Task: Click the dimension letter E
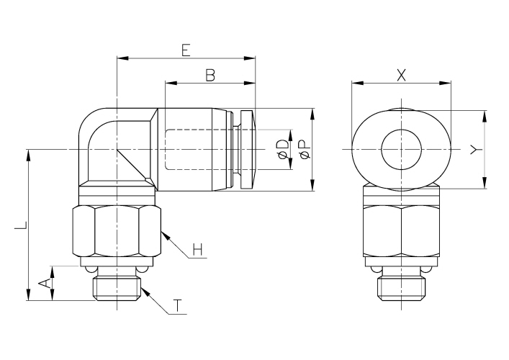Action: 186,50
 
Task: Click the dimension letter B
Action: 210,76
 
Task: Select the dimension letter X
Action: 402,76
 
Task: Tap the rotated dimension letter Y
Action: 476,150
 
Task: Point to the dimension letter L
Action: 21,225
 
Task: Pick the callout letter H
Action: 197,250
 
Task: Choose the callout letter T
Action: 177,306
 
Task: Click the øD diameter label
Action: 283,150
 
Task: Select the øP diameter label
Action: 305,150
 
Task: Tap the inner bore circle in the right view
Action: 402,150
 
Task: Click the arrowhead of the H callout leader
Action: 165,235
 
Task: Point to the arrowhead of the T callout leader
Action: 145,291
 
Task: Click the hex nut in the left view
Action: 117,231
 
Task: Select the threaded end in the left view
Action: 117,288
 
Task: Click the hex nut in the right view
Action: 402,231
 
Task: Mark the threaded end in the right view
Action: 402,288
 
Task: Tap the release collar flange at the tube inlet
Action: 248,150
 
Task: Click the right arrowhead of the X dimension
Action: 446,83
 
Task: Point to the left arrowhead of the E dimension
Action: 122,58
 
